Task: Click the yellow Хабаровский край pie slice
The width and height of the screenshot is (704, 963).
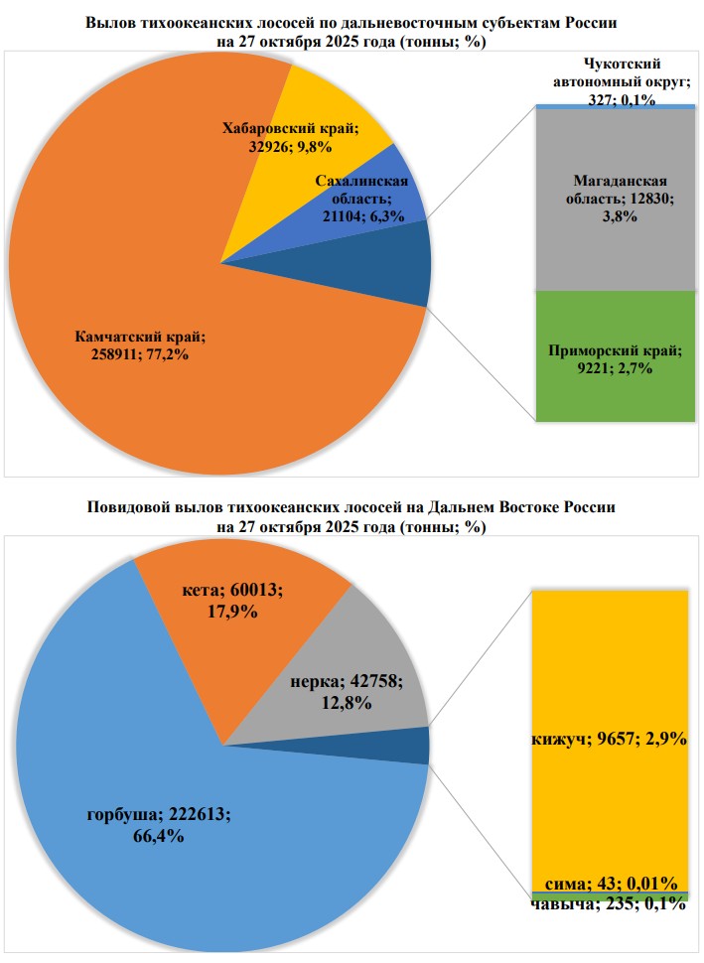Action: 328,109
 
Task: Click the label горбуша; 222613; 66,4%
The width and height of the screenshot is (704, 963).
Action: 159,824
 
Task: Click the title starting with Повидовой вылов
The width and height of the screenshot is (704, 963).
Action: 352,507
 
